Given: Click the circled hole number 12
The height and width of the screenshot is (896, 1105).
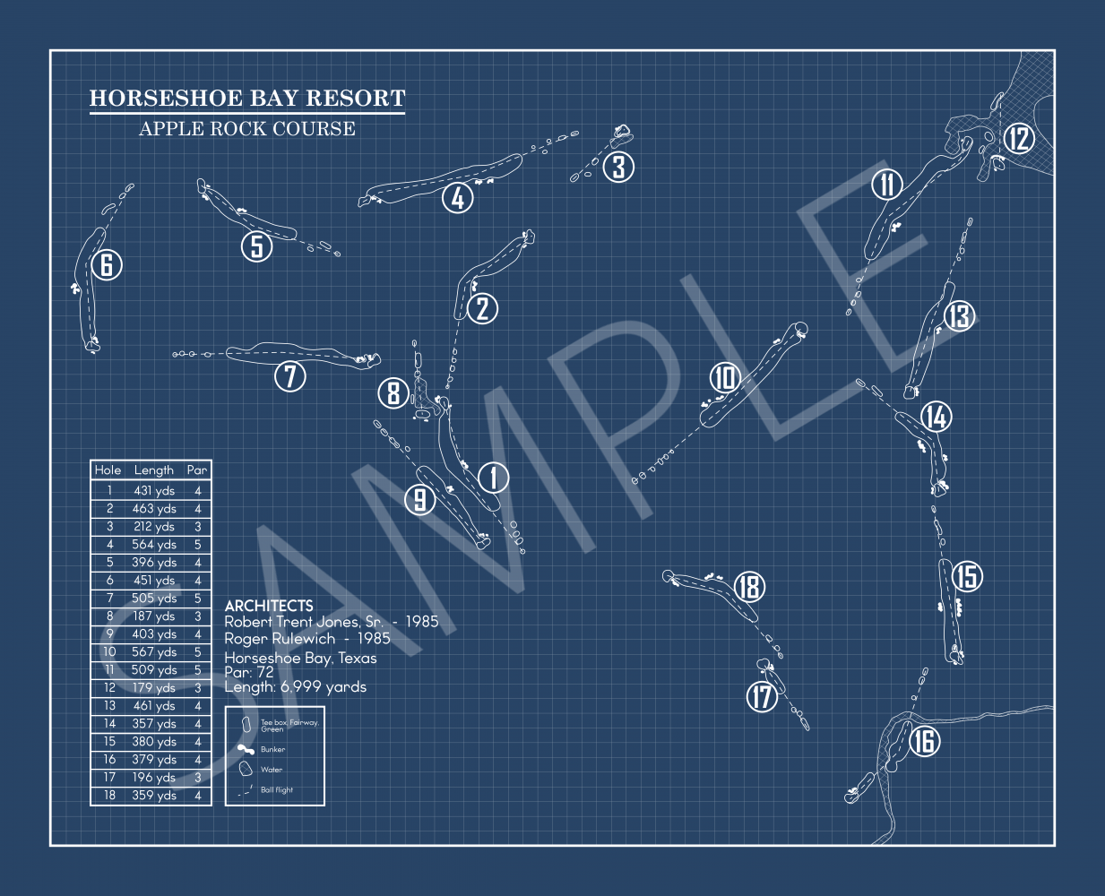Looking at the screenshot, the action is tap(1019, 139).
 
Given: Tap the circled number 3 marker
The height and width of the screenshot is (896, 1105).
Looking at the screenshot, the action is tap(618, 167).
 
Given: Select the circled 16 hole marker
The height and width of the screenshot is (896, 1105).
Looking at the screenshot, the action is tap(925, 741).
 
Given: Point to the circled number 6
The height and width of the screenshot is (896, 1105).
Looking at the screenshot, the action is tap(107, 264).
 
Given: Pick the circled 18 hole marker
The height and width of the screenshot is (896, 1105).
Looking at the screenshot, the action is tap(749, 587).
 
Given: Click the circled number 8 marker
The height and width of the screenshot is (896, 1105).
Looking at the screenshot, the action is tap(393, 392).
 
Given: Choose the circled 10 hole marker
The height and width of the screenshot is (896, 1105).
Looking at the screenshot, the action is tap(725, 377).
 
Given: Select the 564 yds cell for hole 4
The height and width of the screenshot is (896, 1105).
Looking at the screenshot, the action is tap(154, 545).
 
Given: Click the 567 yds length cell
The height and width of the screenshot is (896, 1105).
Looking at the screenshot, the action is tap(154, 651).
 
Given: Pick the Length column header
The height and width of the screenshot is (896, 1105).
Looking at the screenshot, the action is tap(153, 470).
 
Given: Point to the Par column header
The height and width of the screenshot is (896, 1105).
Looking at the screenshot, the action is tap(196, 470).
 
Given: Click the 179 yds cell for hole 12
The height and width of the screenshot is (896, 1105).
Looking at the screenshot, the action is tap(154, 687).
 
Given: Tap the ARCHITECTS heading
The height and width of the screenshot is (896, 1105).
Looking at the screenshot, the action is tap(269, 606).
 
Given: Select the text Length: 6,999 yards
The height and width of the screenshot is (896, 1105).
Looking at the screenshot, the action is tap(295, 687).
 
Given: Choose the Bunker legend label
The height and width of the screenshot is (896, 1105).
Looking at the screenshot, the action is tap(272, 749).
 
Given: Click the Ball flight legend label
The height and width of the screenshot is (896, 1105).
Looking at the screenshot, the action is tap(277, 789).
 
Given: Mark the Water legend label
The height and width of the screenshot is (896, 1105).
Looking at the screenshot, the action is tap(272, 770).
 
